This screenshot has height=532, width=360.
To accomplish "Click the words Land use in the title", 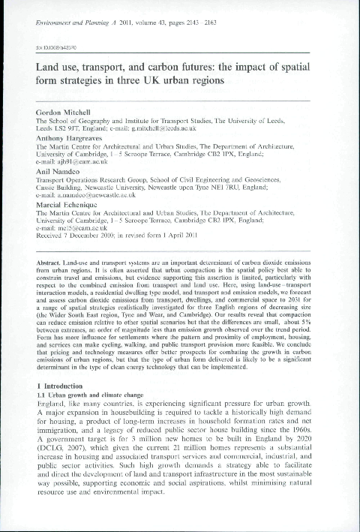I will point(61,65).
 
